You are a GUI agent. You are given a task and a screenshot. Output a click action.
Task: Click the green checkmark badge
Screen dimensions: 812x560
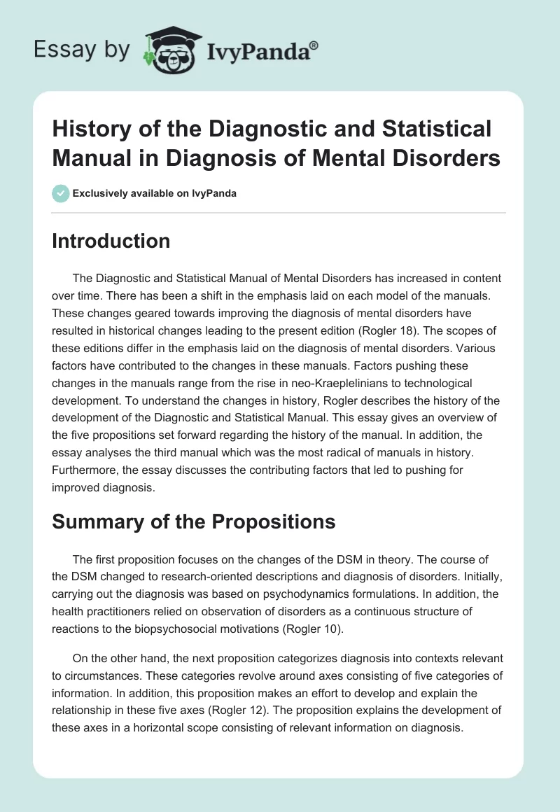point(61,193)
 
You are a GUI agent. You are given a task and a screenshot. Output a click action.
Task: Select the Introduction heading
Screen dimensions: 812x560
point(111,241)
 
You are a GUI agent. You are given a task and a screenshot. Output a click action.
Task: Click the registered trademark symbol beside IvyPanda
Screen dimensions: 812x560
point(315,45)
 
